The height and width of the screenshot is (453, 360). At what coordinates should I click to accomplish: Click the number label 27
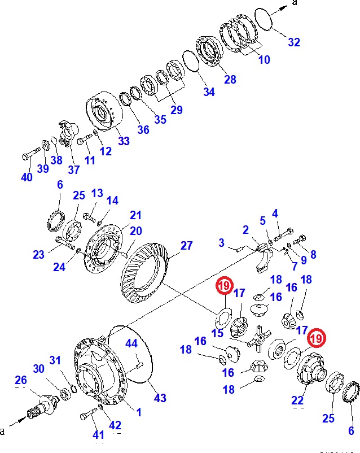186,246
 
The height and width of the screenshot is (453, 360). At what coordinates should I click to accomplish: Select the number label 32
294,42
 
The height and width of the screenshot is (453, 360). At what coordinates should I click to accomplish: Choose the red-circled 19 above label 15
224,287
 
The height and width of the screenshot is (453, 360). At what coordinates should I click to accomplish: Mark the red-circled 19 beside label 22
315,338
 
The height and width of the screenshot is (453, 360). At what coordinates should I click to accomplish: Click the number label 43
160,398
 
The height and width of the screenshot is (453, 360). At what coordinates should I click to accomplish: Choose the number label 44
131,343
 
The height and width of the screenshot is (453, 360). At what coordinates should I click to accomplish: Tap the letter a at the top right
294,3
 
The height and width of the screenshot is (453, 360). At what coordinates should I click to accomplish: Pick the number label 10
264,60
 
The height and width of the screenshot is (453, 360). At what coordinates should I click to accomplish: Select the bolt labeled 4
282,233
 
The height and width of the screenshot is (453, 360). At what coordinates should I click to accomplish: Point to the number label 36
143,130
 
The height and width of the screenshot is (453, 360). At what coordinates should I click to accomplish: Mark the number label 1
138,412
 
